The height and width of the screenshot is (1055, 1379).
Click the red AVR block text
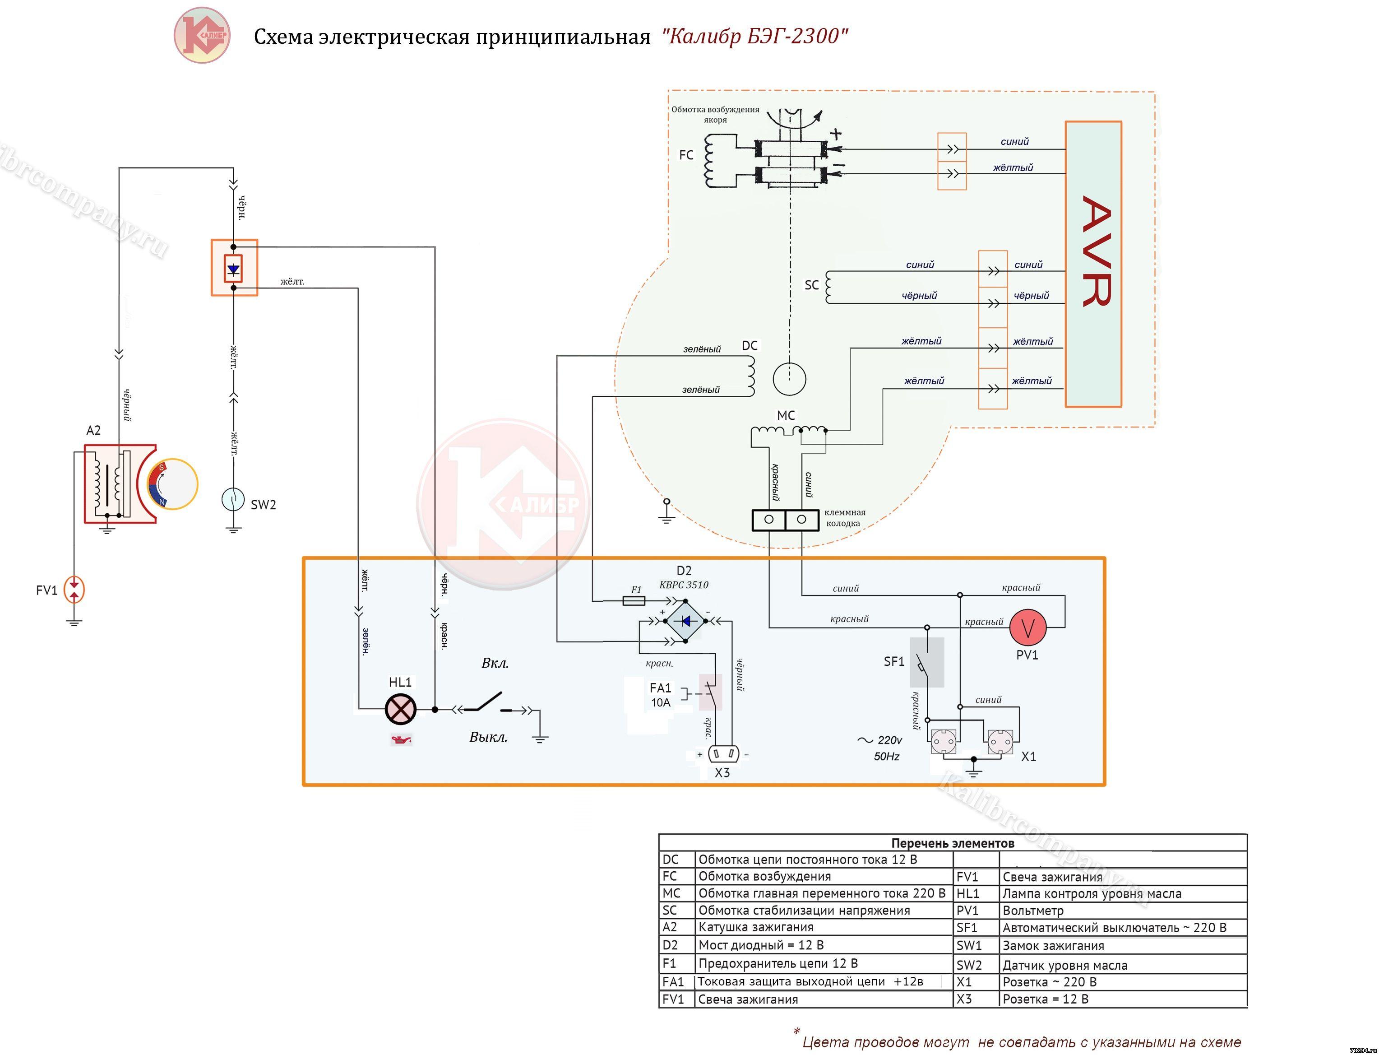[1095, 251]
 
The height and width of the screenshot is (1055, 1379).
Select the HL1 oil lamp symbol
[400, 710]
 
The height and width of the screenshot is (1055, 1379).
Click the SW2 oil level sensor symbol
[233, 499]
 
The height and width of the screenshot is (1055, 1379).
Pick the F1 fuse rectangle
[634, 601]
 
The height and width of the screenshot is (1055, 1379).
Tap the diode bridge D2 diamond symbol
[685, 621]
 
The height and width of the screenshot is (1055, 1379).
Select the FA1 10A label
[660, 695]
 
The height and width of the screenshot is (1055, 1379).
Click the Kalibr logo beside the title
[202, 35]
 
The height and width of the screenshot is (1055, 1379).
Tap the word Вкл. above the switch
[495, 663]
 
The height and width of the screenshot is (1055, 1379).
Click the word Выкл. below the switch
[488, 737]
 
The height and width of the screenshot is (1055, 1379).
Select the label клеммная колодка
[844, 517]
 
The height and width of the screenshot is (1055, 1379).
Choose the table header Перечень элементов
[952, 843]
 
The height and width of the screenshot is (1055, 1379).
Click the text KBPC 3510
[684, 585]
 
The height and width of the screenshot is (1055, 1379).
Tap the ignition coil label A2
[93, 430]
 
